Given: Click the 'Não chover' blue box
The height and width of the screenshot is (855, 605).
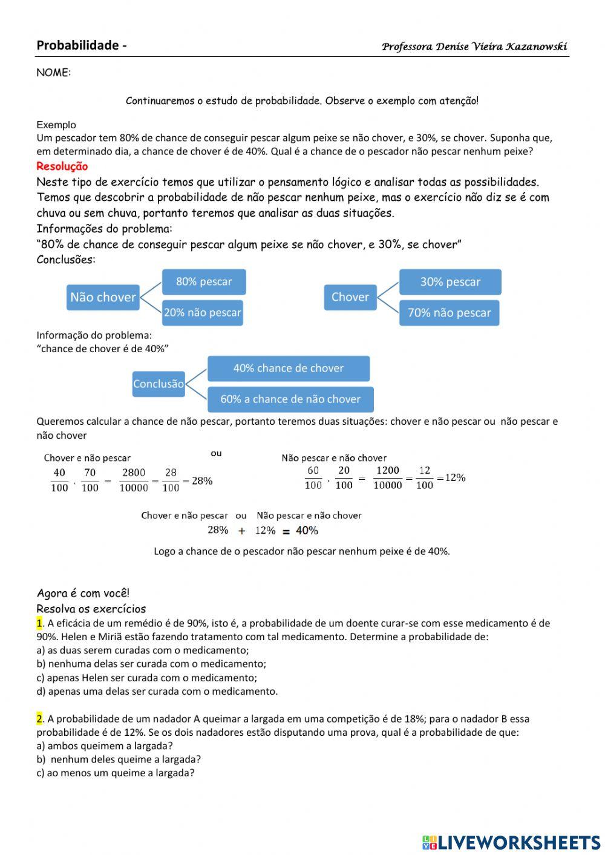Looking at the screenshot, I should (103, 297).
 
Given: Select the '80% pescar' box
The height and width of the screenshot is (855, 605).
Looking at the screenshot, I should (204, 281).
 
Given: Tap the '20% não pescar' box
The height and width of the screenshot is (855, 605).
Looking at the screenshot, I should (203, 313).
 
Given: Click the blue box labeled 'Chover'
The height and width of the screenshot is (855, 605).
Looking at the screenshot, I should (350, 297).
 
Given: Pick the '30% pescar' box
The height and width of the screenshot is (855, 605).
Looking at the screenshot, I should (450, 282).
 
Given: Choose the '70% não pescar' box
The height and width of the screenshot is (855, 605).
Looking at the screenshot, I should (449, 313).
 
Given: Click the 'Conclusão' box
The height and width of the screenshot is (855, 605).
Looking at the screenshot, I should (159, 384).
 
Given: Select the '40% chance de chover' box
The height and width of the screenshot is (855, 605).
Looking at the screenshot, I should (289, 368).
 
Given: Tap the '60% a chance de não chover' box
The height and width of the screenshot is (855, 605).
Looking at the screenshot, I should (290, 399).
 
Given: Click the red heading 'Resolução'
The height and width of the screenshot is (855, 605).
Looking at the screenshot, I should (62, 166).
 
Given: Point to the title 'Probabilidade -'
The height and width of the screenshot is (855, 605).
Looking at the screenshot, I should (82, 45).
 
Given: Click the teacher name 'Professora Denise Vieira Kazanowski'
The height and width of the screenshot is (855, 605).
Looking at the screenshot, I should (474, 47).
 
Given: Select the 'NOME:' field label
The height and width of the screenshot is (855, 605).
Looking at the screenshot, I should (54, 73).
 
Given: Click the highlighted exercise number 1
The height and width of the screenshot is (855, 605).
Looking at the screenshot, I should (39, 623).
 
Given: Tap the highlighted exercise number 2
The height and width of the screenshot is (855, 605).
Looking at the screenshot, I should (39, 719).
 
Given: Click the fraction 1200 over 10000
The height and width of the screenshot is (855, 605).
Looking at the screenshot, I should (388, 477).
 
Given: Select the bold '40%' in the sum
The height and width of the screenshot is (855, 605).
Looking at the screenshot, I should (307, 531).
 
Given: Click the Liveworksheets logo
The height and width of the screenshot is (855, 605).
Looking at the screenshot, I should (511, 842).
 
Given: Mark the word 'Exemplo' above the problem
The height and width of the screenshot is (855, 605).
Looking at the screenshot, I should (56, 125).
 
